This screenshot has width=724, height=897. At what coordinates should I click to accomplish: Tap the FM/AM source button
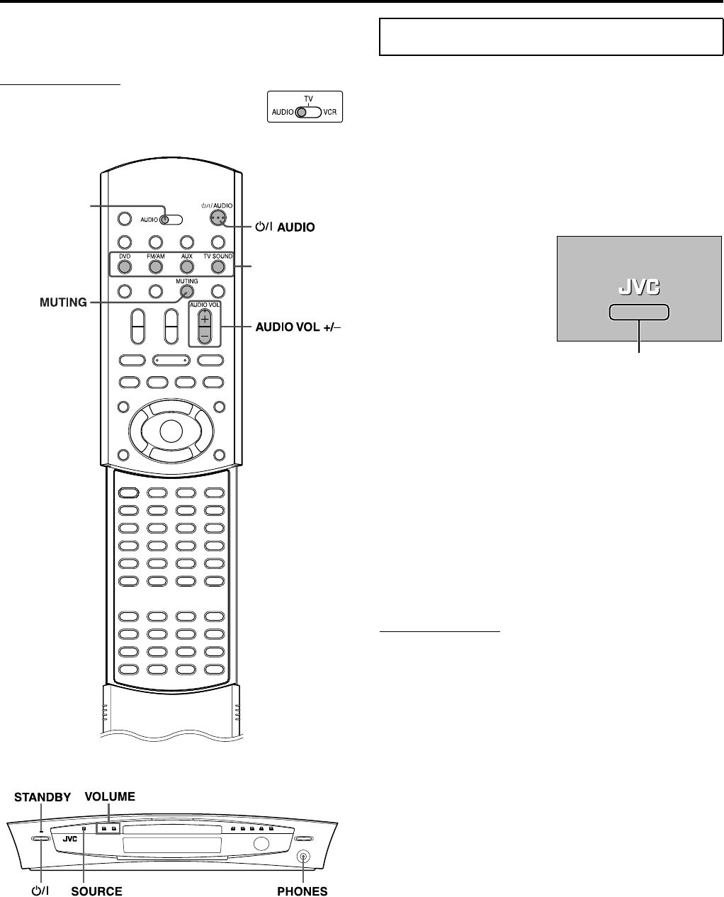point(156,267)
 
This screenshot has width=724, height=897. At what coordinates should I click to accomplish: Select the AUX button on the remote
point(186,267)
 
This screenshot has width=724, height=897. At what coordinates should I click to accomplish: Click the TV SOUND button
point(217,267)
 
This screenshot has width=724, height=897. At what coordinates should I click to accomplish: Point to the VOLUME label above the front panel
point(110,796)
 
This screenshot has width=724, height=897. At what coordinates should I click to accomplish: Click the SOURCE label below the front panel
point(96,890)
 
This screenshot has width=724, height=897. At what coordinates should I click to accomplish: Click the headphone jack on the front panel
point(304,857)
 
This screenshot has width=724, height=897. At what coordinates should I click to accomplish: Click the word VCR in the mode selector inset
point(330,112)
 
